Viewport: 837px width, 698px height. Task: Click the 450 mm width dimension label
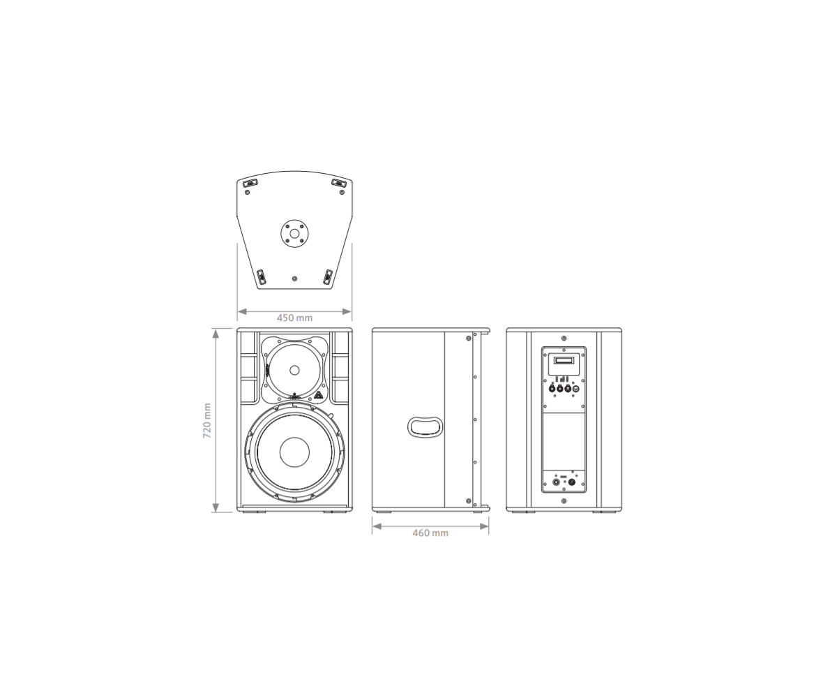[294, 318]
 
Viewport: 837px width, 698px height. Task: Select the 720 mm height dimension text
[207, 420]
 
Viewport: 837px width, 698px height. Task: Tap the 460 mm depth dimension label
[430, 533]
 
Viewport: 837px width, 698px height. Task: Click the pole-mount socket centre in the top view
[294, 233]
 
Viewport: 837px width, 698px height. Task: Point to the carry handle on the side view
[425, 426]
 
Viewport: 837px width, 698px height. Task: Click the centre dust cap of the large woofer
[294, 452]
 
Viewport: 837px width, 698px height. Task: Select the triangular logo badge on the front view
[318, 396]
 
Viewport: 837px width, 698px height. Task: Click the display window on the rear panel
[564, 360]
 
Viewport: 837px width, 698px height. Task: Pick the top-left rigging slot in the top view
[250, 184]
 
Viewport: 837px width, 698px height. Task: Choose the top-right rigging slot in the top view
[338, 184]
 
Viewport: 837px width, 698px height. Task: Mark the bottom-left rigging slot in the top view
[261, 276]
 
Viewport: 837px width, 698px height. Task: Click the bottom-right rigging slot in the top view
[328, 276]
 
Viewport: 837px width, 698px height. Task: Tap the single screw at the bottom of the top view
[294, 279]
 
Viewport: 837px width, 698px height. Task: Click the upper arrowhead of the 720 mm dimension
[216, 333]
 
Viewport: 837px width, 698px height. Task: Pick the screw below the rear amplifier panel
[564, 500]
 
